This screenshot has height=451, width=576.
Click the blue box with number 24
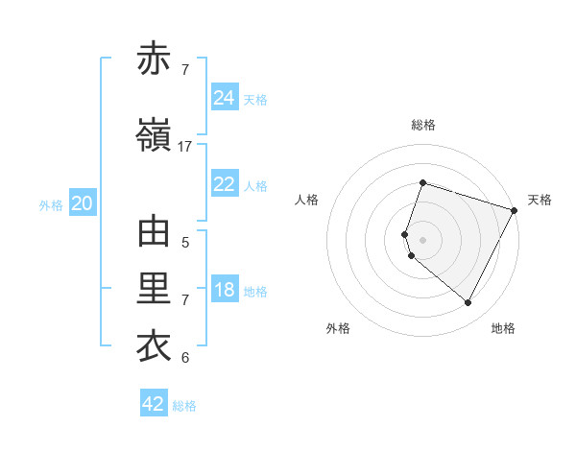(x=225, y=97)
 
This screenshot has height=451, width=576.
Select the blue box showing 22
(x=225, y=184)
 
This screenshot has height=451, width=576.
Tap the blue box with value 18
(x=225, y=290)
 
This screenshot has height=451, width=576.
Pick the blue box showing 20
(x=83, y=203)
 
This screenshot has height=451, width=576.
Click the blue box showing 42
(x=154, y=404)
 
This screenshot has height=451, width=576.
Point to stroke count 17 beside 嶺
(x=185, y=146)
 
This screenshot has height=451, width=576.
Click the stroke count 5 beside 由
(x=185, y=243)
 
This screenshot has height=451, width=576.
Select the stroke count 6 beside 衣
(x=185, y=358)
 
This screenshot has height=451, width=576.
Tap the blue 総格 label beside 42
(x=184, y=406)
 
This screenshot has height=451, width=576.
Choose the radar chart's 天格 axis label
(x=540, y=200)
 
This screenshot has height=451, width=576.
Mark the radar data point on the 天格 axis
(x=515, y=209)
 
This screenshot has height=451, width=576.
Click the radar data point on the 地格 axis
(x=468, y=303)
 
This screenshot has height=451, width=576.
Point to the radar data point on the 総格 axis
(x=422, y=182)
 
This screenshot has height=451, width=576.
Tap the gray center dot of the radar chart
(x=422, y=239)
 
